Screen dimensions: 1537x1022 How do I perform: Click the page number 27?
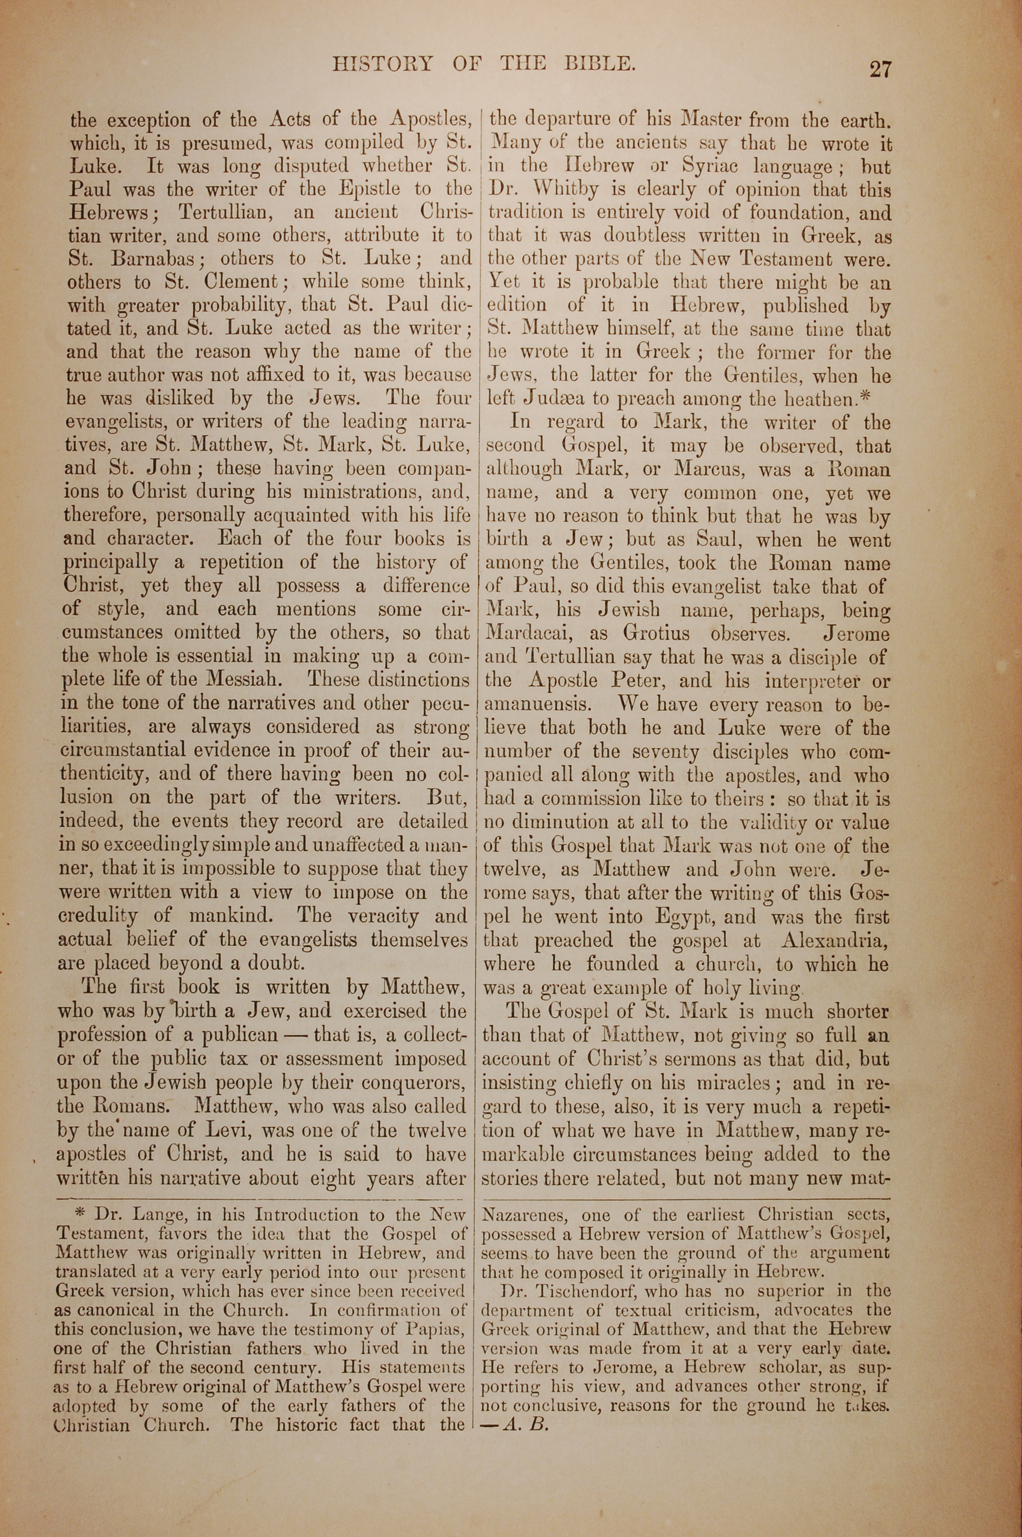879,68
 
